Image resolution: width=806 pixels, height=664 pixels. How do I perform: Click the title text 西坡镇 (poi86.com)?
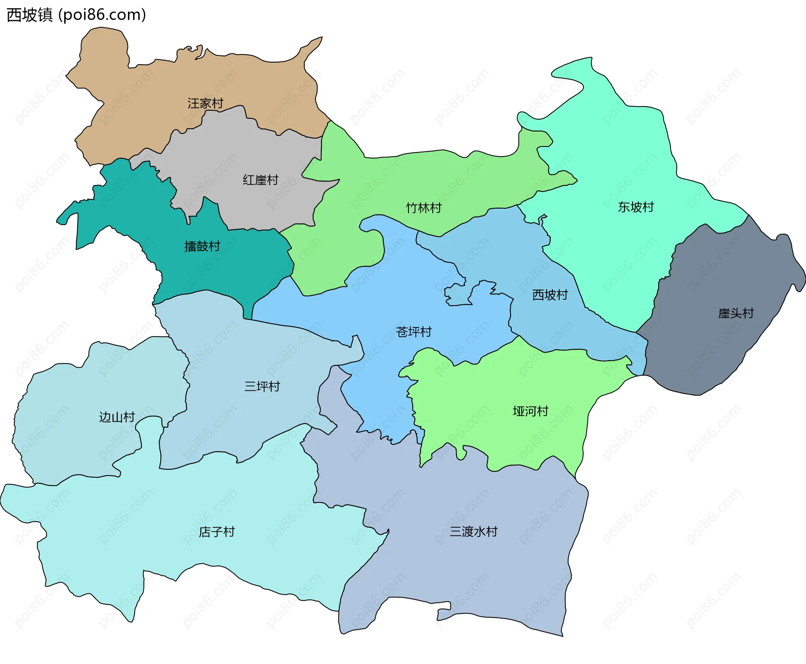coord(76,15)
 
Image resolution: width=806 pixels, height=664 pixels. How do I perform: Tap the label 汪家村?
coord(205,103)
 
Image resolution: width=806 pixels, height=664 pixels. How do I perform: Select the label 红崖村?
coord(260,180)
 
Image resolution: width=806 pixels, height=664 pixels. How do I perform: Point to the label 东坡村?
coord(636,207)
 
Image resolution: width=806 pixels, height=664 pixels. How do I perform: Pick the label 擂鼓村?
coord(202,246)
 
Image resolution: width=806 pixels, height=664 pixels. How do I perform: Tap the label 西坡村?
coord(550,295)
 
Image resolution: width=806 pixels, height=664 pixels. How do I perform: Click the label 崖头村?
coord(735,313)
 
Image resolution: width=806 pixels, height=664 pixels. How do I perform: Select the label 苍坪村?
coord(413,332)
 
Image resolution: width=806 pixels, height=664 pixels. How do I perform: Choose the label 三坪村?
coord(262,386)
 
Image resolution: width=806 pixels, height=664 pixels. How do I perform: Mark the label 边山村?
coord(117,417)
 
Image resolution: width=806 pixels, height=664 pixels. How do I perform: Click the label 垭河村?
coord(530,411)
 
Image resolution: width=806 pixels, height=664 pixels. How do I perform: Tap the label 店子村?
coord(217,532)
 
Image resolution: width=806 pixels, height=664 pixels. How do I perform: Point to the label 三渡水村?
coord(474,532)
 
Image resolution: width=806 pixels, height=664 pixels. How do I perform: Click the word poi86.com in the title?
coord(102,15)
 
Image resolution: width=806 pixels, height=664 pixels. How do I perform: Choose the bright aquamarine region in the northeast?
coord(621,168)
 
